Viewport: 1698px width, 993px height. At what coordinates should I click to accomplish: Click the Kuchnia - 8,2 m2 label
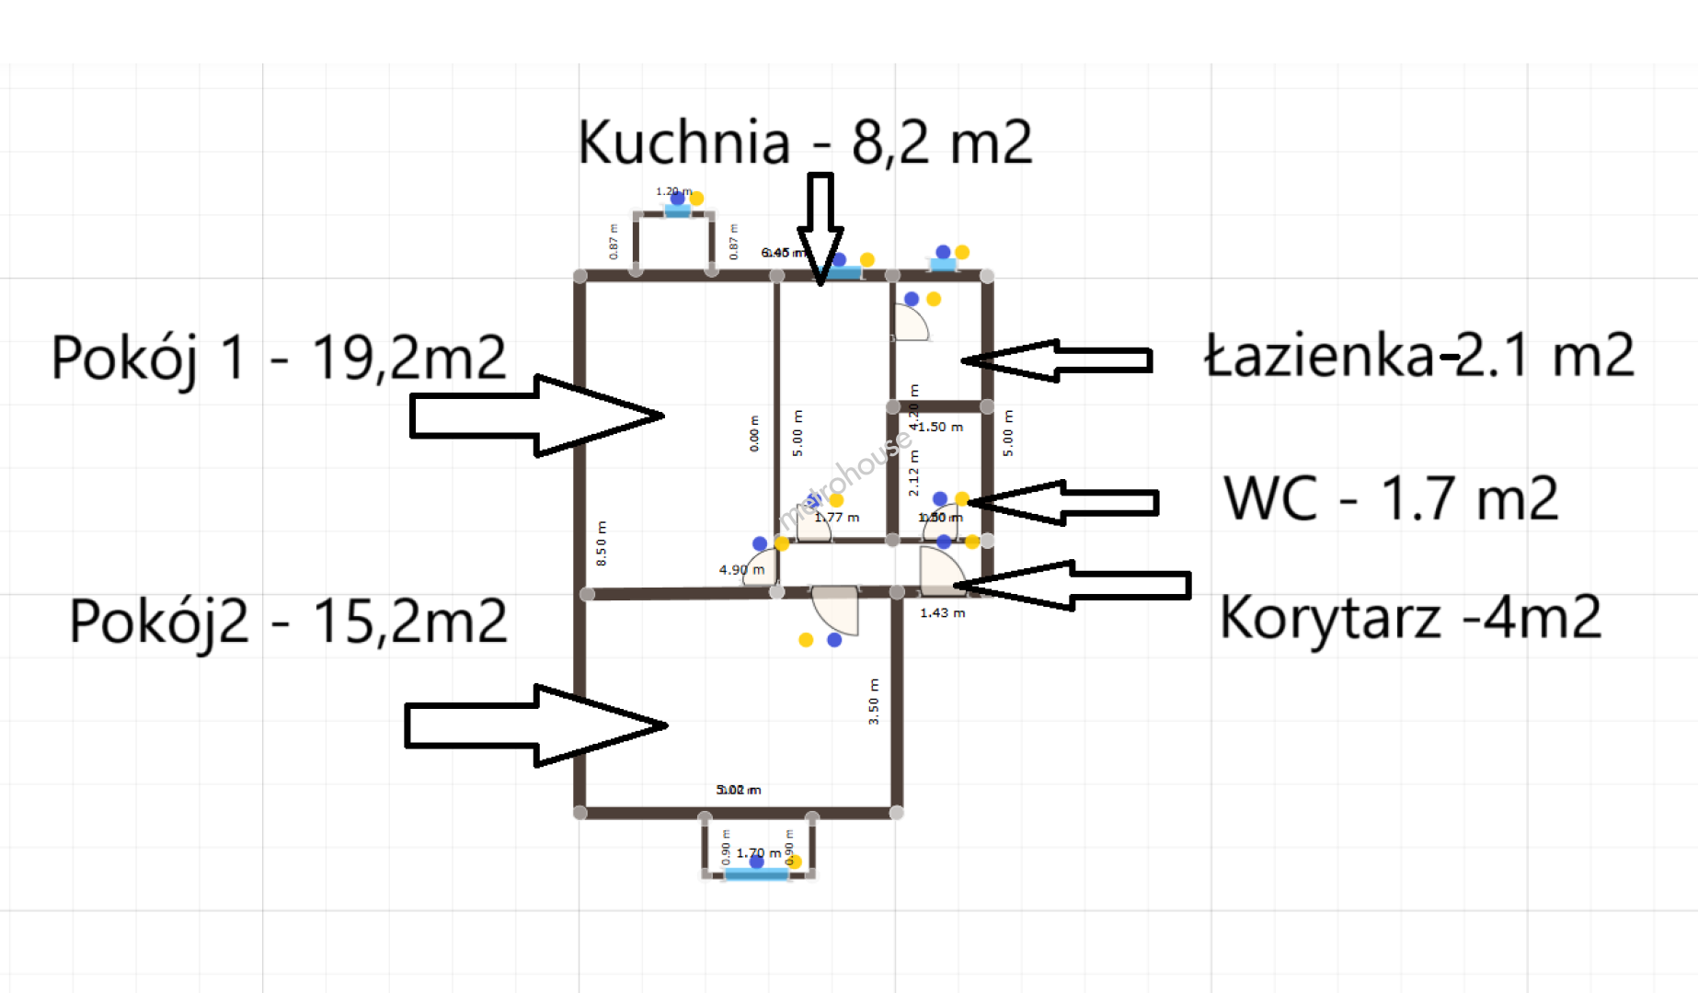pyautogui.click(x=805, y=143)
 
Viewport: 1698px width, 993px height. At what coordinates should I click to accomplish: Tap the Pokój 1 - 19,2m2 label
pyautogui.click(x=279, y=358)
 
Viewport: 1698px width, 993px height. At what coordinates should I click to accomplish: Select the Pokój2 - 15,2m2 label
pyautogui.click(x=288, y=621)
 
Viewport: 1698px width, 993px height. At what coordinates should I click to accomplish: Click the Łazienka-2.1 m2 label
pyautogui.click(x=1419, y=356)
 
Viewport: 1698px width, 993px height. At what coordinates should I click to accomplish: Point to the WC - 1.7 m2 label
pyautogui.click(x=1391, y=499)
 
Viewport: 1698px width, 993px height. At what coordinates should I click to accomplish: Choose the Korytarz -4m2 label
pyautogui.click(x=1410, y=617)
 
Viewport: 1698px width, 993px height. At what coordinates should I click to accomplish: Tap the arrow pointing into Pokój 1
pyautogui.click(x=536, y=416)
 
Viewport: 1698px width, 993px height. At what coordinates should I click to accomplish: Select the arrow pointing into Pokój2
pyautogui.click(x=535, y=725)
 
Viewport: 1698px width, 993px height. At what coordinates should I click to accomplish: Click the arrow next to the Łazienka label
pyautogui.click(x=1058, y=360)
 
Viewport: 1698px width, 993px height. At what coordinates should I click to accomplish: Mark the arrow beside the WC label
pyautogui.click(x=1063, y=503)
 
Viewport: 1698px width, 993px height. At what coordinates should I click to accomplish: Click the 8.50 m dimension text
pyautogui.click(x=602, y=543)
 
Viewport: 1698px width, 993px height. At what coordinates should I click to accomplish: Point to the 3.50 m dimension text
pyautogui.click(x=874, y=702)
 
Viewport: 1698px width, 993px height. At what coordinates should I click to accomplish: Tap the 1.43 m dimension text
pyautogui.click(x=943, y=612)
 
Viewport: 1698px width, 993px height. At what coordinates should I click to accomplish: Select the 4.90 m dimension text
pyautogui.click(x=741, y=570)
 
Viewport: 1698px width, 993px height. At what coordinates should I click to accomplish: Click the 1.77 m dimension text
pyautogui.click(x=837, y=518)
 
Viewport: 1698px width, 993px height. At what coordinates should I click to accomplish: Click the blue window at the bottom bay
pyautogui.click(x=756, y=874)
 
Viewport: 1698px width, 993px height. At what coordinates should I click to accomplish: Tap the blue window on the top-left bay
pyautogui.click(x=677, y=211)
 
